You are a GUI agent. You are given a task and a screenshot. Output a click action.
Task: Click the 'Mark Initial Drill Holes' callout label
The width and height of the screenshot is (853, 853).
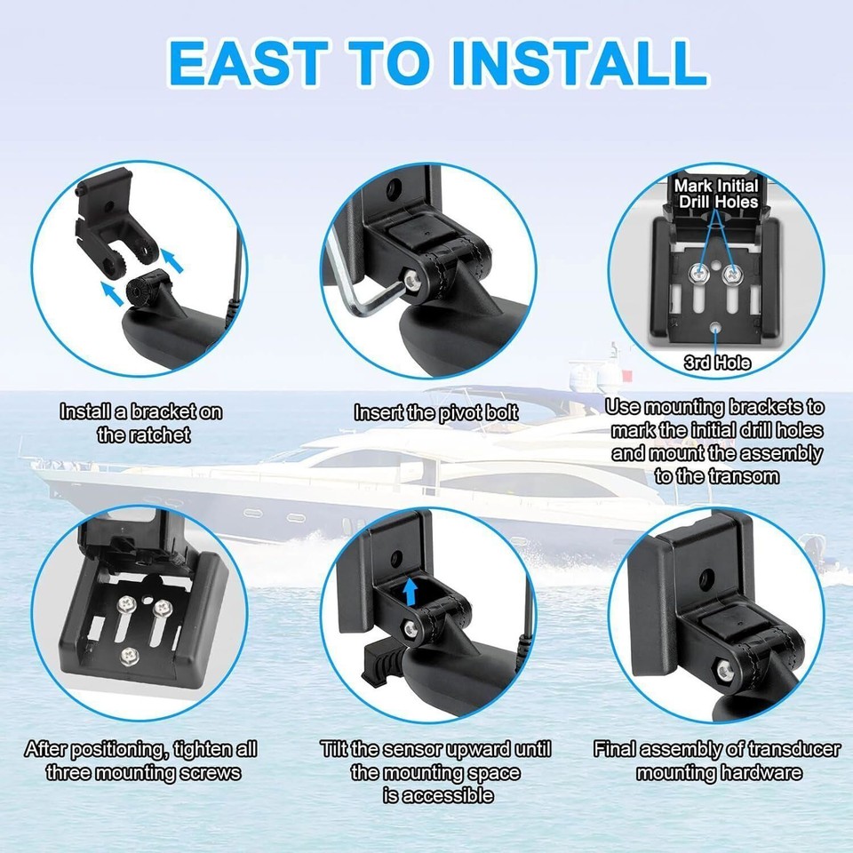coord(716,194)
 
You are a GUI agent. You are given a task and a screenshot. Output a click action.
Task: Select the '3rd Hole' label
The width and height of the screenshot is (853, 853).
coord(717,363)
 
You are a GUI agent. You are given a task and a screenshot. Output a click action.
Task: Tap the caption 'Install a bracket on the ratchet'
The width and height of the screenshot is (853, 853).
coord(141,423)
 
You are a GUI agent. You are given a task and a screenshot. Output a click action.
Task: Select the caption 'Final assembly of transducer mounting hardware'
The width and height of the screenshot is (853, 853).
coord(716,761)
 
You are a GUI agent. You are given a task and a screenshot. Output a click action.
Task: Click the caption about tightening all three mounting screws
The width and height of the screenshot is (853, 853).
coord(142,761)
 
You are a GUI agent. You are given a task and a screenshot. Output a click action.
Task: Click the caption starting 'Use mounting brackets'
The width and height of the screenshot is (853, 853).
coord(716,442)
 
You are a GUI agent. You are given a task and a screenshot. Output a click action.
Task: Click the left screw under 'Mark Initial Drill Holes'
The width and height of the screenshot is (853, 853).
coord(699,267)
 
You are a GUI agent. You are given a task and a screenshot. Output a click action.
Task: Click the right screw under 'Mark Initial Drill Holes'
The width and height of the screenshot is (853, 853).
coord(734,267)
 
